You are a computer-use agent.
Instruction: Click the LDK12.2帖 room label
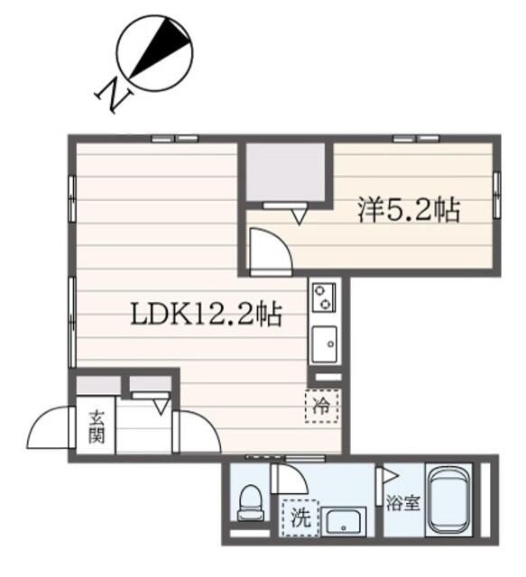[207, 315]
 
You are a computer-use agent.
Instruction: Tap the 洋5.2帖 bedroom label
[409, 210]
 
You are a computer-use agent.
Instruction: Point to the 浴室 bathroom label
[403, 503]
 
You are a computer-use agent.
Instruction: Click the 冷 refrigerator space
[321, 406]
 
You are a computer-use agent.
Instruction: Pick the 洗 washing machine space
[300, 517]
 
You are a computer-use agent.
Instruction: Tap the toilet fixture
[251, 503]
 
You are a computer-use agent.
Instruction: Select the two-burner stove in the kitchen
[324, 297]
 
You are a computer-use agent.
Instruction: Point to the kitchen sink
[324, 344]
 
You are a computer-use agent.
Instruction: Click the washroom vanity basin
[344, 522]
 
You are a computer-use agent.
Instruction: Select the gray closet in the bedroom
[285, 172]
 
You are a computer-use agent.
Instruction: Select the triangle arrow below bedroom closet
[300, 216]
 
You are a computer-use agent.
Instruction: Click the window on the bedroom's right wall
[496, 195]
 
